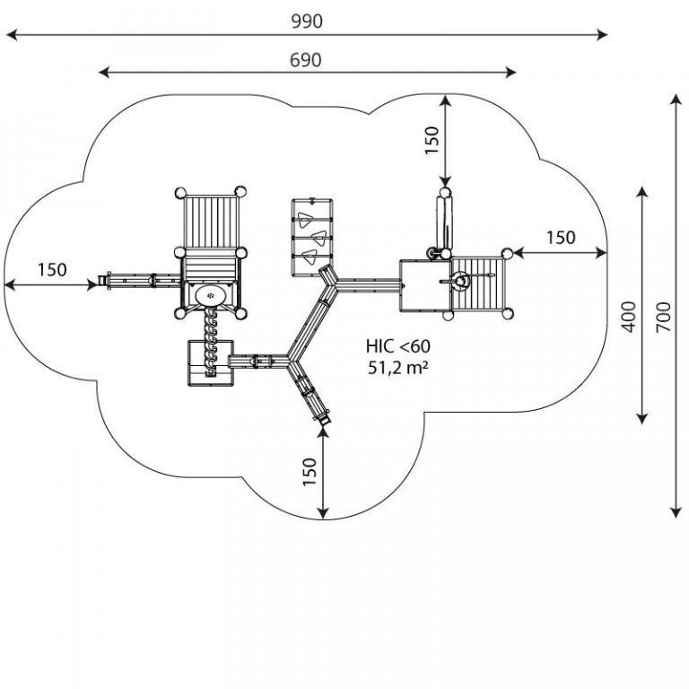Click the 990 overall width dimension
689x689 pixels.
[307, 22]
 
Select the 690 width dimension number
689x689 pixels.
[306, 60]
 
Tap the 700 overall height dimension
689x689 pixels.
[664, 318]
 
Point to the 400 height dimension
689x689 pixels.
[629, 317]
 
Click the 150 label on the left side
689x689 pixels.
[52, 270]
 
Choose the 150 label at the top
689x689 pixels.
[432, 140]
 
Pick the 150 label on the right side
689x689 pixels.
[561, 238]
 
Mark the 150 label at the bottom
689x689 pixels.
[310, 472]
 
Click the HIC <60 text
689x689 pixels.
[398, 346]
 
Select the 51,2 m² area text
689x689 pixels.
[398, 367]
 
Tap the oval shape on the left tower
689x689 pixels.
[211, 295]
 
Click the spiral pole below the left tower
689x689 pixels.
[211, 341]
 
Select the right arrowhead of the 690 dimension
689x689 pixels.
[510, 73]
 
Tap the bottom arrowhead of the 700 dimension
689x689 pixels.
[676, 512]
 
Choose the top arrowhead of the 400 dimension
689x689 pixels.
[642, 193]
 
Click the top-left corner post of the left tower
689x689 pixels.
[180, 193]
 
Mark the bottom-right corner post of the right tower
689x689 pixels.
[507, 314]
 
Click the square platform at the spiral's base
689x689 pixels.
[211, 363]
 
